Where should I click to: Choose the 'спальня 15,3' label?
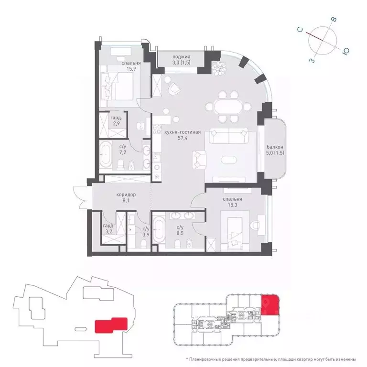[x=232, y=202]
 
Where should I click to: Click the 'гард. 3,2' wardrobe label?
[x=109, y=230]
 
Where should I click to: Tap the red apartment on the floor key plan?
[x=270, y=305]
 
